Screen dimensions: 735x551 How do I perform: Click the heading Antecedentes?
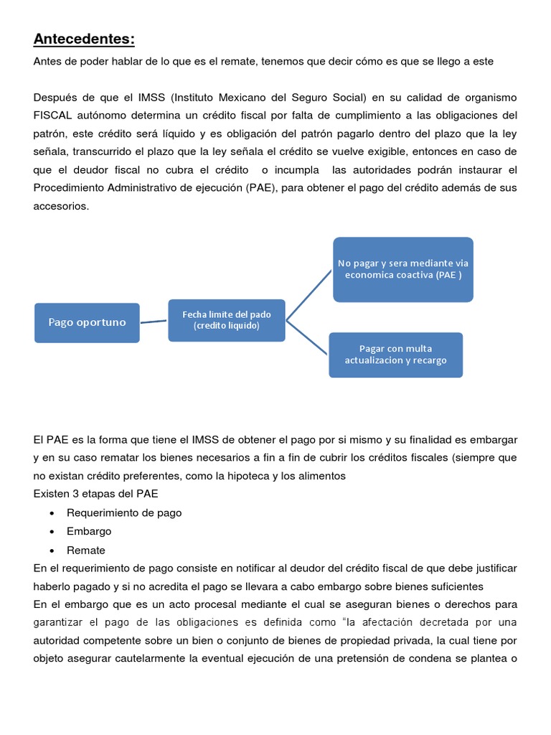(84, 38)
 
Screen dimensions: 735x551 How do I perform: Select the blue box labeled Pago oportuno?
(87, 322)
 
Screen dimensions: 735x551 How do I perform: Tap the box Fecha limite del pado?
(226, 320)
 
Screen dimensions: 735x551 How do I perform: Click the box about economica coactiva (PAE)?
(402, 268)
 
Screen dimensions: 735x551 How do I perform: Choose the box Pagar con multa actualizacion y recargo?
(395, 355)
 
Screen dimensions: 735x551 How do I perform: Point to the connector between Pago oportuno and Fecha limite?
(154, 322)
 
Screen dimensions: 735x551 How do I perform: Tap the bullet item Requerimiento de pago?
(124, 512)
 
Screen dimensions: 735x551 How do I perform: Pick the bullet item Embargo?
(89, 531)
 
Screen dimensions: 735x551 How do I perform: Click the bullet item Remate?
(86, 550)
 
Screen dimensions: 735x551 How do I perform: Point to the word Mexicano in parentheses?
(244, 97)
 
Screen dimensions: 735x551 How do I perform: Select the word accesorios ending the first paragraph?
(61, 205)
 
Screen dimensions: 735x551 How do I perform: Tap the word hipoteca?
(236, 475)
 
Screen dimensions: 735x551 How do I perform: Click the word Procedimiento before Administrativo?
(70, 188)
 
